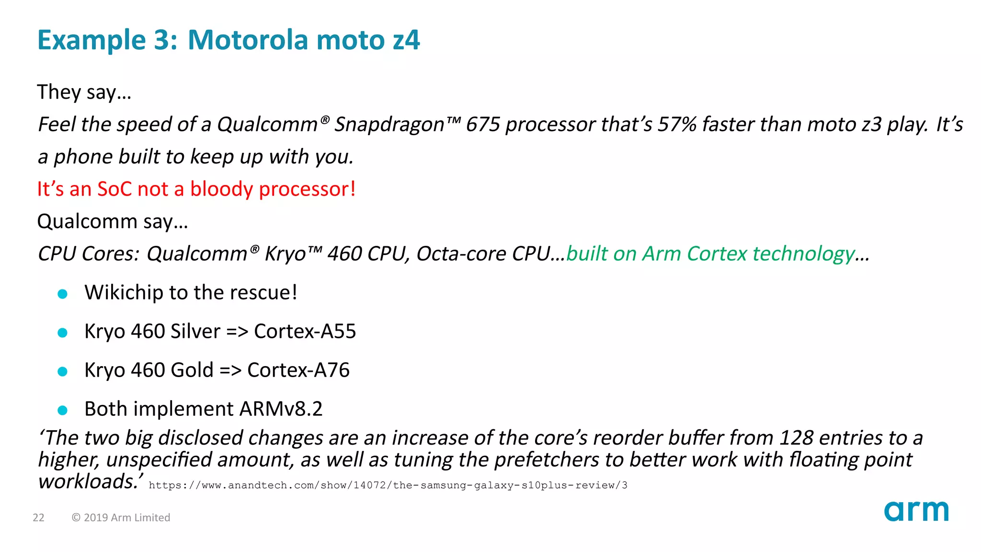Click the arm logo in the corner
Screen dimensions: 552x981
pos(916,511)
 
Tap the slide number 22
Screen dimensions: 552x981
pos(38,517)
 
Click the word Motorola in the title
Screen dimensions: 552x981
pos(248,40)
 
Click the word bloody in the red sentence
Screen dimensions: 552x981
pos(222,189)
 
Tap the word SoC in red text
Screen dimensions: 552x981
pos(114,189)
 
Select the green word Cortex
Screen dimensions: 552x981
pos(717,254)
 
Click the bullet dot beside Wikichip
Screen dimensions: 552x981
pos(62,294)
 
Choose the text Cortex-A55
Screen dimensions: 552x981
pos(305,332)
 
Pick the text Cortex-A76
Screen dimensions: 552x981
pos(298,370)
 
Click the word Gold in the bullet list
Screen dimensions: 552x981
pos(192,370)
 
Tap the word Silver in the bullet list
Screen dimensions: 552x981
pos(195,332)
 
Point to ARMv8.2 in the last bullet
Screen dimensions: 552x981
pos(281,409)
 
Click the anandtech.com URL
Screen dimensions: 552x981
pos(388,485)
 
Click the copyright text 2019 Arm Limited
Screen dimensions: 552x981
pos(121,517)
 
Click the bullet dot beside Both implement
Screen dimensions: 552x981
pos(62,410)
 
